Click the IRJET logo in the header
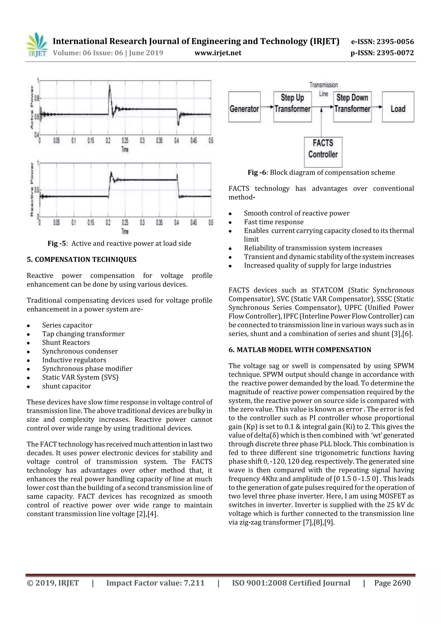[x=36, y=45]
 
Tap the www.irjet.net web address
[x=218, y=53]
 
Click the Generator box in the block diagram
[x=244, y=107]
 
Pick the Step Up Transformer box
[x=292, y=107]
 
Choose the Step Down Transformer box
[x=352, y=107]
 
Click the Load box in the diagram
[x=398, y=107]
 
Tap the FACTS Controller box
[x=323, y=152]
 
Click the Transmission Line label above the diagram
[x=324, y=89]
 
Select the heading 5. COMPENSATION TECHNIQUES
[x=82, y=260]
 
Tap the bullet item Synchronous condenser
[x=80, y=351]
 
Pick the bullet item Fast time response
[x=274, y=222]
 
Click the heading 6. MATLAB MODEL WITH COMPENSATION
[x=300, y=350]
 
